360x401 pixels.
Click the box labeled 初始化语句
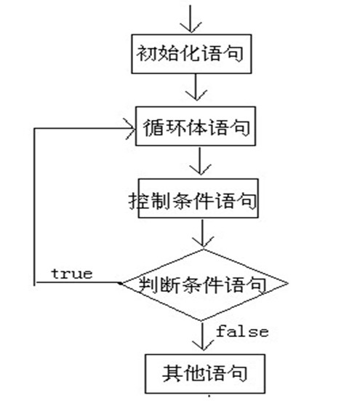191,54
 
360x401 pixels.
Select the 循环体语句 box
196,127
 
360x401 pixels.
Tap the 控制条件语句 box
199,199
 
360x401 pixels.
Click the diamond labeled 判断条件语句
204,285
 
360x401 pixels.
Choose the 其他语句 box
205,373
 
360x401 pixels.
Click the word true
72,274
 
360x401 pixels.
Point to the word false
242,332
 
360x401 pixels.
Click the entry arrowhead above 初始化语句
191,28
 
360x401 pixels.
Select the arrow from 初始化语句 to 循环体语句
196,87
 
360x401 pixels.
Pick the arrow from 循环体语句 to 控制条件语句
200,161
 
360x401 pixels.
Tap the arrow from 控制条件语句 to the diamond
203,233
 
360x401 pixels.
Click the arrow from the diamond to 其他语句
203,336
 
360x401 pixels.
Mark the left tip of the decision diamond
121,283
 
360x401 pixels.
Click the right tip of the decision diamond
288,283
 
